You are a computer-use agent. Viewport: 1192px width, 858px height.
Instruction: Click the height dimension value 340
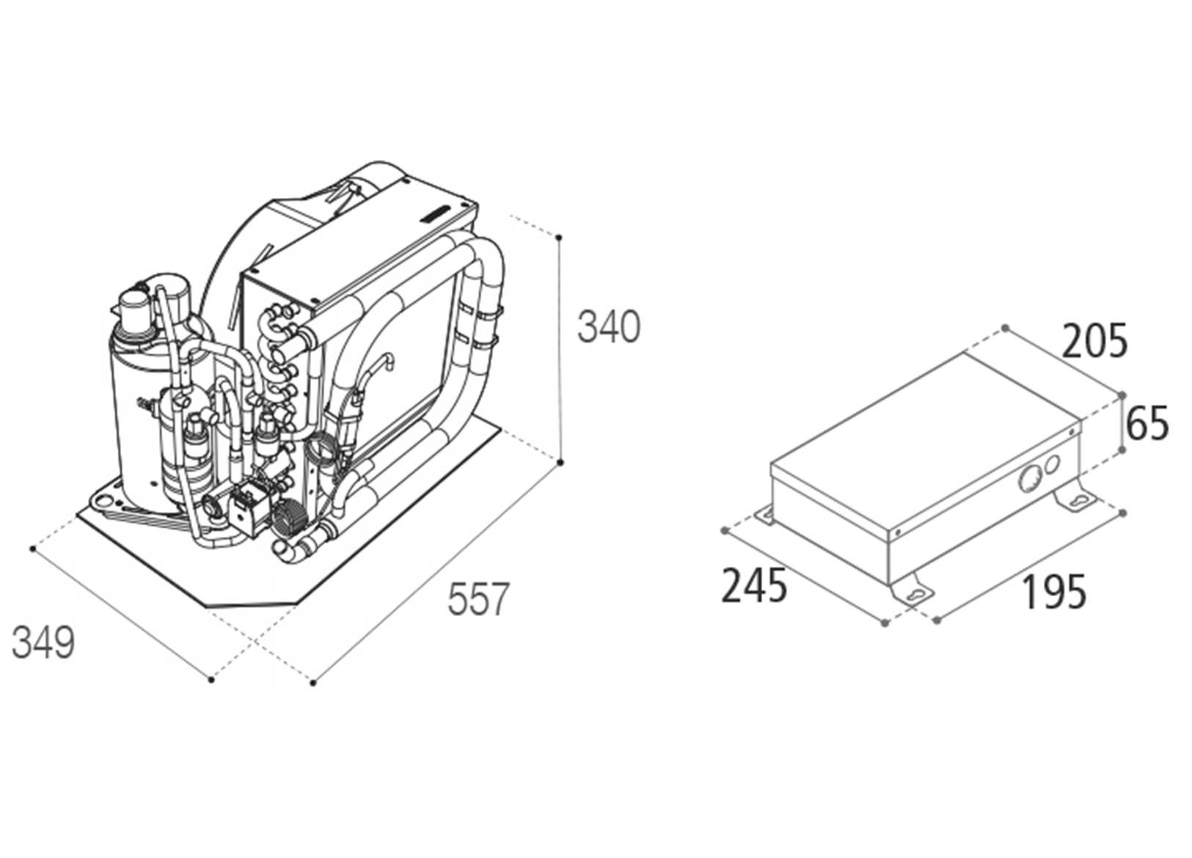(x=608, y=327)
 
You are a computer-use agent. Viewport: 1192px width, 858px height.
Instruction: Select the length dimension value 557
(x=478, y=598)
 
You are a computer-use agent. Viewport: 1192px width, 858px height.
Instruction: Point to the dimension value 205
(x=1094, y=342)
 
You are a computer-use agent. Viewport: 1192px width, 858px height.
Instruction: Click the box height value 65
(x=1147, y=425)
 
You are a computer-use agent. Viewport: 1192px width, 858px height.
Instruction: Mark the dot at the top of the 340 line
(x=559, y=238)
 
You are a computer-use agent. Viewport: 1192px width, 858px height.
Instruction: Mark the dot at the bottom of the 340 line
(x=560, y=463)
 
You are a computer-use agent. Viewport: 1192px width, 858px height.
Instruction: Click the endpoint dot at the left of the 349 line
(x=33, y=549)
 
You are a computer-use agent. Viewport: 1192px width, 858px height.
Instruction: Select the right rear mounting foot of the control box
(x=1075, y=499)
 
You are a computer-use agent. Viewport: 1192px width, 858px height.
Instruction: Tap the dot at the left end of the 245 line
(x=725, y=530)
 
